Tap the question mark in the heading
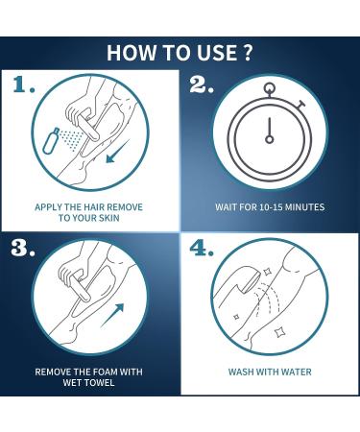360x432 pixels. click(246, 53)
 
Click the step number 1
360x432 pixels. click(24, 84)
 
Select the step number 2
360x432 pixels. click(202, 84)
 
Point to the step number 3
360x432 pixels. click(23, 248)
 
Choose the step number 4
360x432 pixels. click(202, 248)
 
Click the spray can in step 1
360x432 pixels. click(51, 140)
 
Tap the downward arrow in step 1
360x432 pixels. click(117, 152)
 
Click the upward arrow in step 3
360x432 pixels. click(112, 315)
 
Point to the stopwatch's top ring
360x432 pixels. click(270, 87)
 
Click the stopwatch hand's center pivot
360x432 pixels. click(270, 139)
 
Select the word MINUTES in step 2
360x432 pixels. click(304, 207)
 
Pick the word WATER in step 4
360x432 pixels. click(298, 372)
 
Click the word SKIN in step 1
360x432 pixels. click(108, 218)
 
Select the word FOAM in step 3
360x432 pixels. click(106, 372)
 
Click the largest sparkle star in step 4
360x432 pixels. click(279, 332)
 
